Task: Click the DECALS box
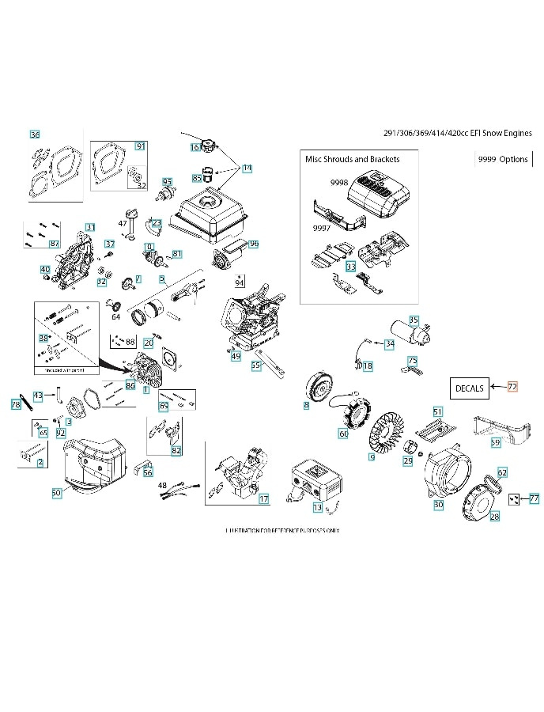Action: tap(468, 388)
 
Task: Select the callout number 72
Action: tap(512, 387)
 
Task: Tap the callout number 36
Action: tap(34, 134)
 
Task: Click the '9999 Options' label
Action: tap(503, 159)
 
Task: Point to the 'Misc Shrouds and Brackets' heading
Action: tap(352, 159)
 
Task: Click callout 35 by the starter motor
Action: tap(414, 320)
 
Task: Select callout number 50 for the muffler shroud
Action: tap(56, 493)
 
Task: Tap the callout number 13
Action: tap(317, 507)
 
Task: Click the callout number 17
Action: tap(263, 499)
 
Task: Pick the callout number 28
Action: tap(495, 517)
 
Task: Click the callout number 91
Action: tap(140, 146)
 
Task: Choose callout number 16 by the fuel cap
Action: tap(195, 147)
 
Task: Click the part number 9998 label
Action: tap(339, 182)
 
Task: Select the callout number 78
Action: tap(16, 404)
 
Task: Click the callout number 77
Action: tap(535, 498)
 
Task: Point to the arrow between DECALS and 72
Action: tap(497, 387)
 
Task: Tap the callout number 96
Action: tap(254, 244)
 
